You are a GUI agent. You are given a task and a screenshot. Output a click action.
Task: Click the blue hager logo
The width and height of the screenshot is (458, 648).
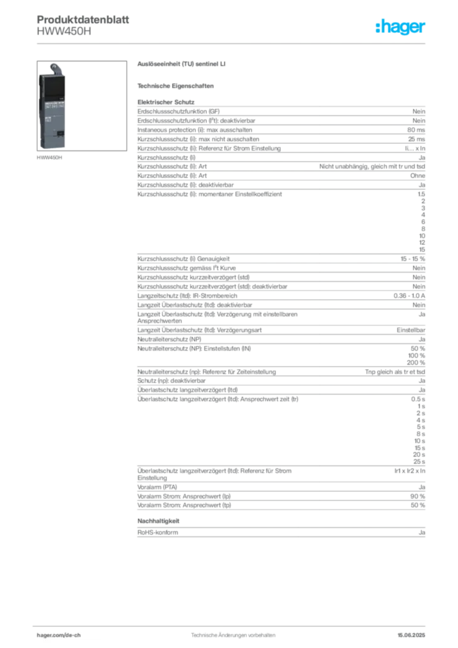coord(401,27)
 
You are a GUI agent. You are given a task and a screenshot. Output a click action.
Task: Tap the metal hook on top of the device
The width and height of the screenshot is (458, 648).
coord(56,67)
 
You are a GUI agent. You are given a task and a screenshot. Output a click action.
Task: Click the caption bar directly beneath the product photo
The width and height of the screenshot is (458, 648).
coord(51,158)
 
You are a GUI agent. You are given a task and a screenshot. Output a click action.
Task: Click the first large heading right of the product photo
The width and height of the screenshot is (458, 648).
coord(182,65)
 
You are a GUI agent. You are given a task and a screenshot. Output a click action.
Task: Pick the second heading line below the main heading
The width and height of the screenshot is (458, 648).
coord(177,85)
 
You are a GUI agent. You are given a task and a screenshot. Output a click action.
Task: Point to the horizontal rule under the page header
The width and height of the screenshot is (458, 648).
coord(233,44)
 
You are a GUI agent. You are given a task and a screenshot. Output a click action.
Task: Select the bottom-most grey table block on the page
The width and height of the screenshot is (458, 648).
coord(280,530)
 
